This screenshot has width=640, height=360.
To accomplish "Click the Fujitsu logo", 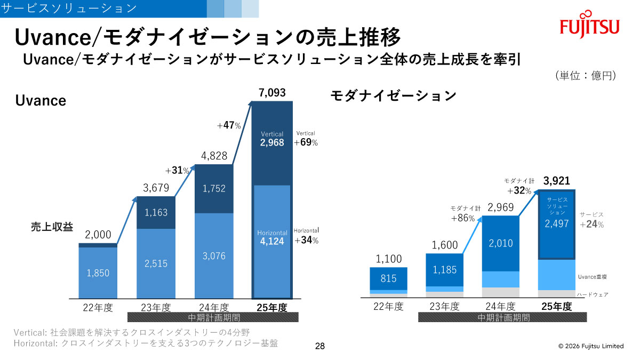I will [589, 24].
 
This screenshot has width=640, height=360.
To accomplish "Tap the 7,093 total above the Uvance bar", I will [272, 93].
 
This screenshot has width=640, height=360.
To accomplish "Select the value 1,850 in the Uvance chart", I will [98, 273].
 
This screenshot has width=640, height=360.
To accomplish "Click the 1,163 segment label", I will [156, 212].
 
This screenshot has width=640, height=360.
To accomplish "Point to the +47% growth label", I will [229, 126].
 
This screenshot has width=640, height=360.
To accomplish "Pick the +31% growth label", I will [177, 171].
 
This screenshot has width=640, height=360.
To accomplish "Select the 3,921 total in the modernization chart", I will [557, 181].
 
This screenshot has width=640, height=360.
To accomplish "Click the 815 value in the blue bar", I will [388, 278].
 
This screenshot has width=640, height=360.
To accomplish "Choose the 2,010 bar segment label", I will [500, 243].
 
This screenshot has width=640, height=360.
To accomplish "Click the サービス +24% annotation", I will [592, 220].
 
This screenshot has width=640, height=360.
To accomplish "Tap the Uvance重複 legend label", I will [593, 277].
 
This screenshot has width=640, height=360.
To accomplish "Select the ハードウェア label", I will [593, 294].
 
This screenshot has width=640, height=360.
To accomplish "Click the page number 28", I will [320, 347].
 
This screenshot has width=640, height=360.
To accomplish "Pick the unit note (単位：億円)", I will [586, 75].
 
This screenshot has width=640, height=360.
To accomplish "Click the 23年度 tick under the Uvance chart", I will [156, 308].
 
